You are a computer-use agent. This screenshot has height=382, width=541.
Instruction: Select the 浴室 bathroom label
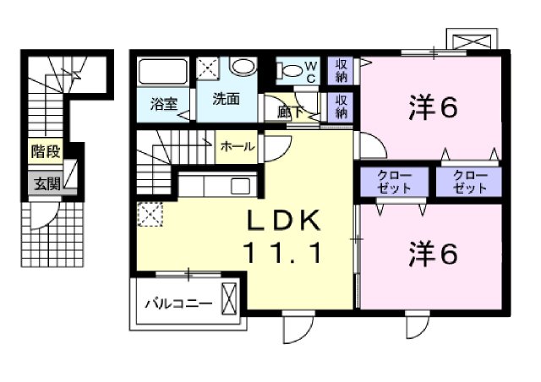164,105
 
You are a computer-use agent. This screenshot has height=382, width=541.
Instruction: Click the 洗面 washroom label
226,99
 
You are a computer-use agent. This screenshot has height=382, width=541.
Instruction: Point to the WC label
310,72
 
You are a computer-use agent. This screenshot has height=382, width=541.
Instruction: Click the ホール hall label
238,145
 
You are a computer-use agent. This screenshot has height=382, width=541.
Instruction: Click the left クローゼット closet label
396,182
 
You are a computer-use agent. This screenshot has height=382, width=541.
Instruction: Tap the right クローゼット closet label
469,182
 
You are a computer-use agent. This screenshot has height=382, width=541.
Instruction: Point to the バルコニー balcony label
177,302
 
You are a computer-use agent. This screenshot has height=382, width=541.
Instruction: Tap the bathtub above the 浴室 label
162,70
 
